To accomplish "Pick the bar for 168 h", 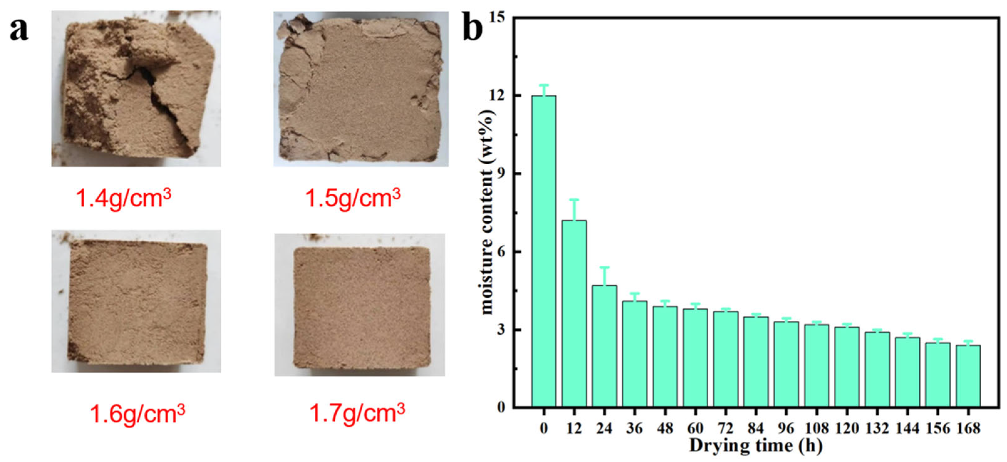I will (x=968, y=376).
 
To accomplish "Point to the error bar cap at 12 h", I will (x=574, y=200).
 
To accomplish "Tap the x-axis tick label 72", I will (x=726, y=429).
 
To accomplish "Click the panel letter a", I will (x=19, y=30).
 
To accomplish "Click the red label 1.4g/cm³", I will (x=123, y=198).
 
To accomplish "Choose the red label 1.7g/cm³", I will (x=357, y=412).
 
